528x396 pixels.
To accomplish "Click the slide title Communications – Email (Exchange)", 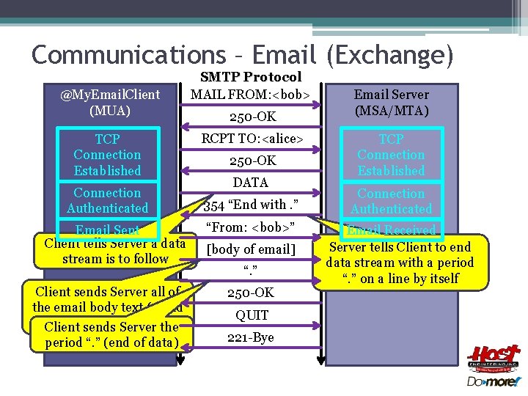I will tap(243, 54).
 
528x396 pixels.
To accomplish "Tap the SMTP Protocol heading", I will tap(251, 77).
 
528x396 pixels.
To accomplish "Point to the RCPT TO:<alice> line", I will tap(251, 139).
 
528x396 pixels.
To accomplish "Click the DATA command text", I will tap(251, 183).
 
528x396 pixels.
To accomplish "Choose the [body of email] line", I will tap(251, 250).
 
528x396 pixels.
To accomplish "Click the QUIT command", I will tap(252, 315).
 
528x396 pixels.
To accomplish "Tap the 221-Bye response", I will tap(251, 338).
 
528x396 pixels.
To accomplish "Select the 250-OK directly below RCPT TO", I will tap(251, 161).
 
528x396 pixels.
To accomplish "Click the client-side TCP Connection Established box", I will tap(107, 155).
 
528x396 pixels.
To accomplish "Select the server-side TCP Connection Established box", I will tap(391, 155).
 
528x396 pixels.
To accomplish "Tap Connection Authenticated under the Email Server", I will tap(391, 201).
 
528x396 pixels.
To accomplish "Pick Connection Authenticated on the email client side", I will tap(107, 200).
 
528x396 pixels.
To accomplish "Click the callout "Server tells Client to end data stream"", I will tap(400, 263).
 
